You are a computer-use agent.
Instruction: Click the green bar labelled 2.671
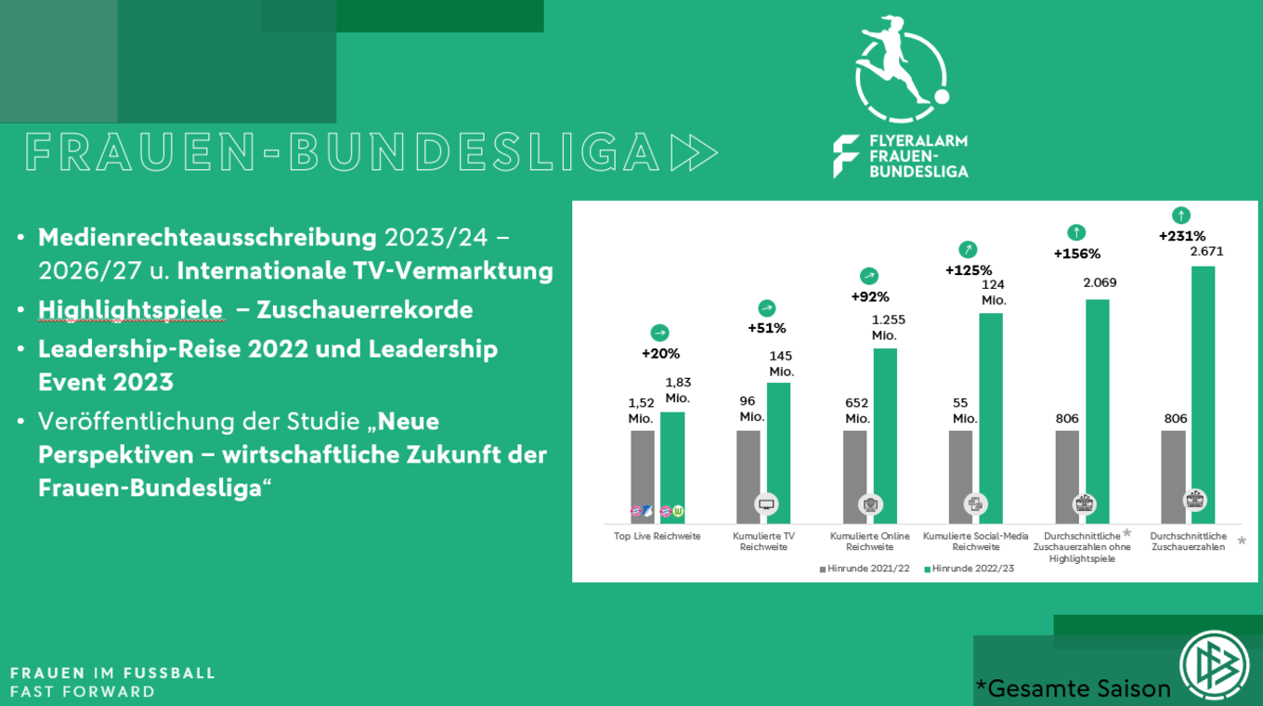point(1203,390)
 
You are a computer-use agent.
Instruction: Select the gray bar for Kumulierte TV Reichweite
point(749,474)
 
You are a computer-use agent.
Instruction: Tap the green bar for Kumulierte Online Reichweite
point(885,432)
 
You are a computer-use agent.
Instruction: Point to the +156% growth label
point(1076,254)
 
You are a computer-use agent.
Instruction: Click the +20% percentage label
point(660,354)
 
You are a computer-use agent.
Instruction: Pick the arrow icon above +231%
point(1181,216)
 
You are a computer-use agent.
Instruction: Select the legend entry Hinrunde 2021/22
point(865,568)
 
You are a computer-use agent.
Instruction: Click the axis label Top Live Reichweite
point(657,536)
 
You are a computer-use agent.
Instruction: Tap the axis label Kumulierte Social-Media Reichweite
point(976,542)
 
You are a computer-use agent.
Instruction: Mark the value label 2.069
point(1100,282)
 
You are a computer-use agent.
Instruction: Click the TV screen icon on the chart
point(766,504)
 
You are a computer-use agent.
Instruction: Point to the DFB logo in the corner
point(1215,665)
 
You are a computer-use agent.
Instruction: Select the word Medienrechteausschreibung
point(207,237)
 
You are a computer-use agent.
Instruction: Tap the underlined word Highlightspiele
point(130,309)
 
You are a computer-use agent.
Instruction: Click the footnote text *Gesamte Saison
point(1073,688)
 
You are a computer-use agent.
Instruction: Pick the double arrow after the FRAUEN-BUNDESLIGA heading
point(694,152)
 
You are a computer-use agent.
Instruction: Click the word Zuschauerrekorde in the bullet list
point(365,309)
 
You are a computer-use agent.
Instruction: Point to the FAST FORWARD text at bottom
point(83,691)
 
